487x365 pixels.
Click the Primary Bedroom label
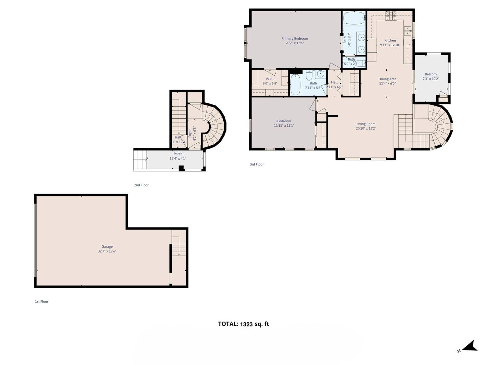295,39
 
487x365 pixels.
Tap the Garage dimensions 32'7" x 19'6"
107,251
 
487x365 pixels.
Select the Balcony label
431,74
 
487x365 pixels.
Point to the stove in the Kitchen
391,16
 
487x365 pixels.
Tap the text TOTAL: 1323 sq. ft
243,324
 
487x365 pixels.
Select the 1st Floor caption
42,301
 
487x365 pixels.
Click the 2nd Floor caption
141,185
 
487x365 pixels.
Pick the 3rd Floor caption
257,164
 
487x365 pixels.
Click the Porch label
178,154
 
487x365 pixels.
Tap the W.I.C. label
270,79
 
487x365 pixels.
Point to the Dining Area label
387,79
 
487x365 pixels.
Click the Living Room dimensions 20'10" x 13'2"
366,128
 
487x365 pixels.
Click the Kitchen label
390,41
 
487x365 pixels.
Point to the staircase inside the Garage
178,247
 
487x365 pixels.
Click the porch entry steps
140,160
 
